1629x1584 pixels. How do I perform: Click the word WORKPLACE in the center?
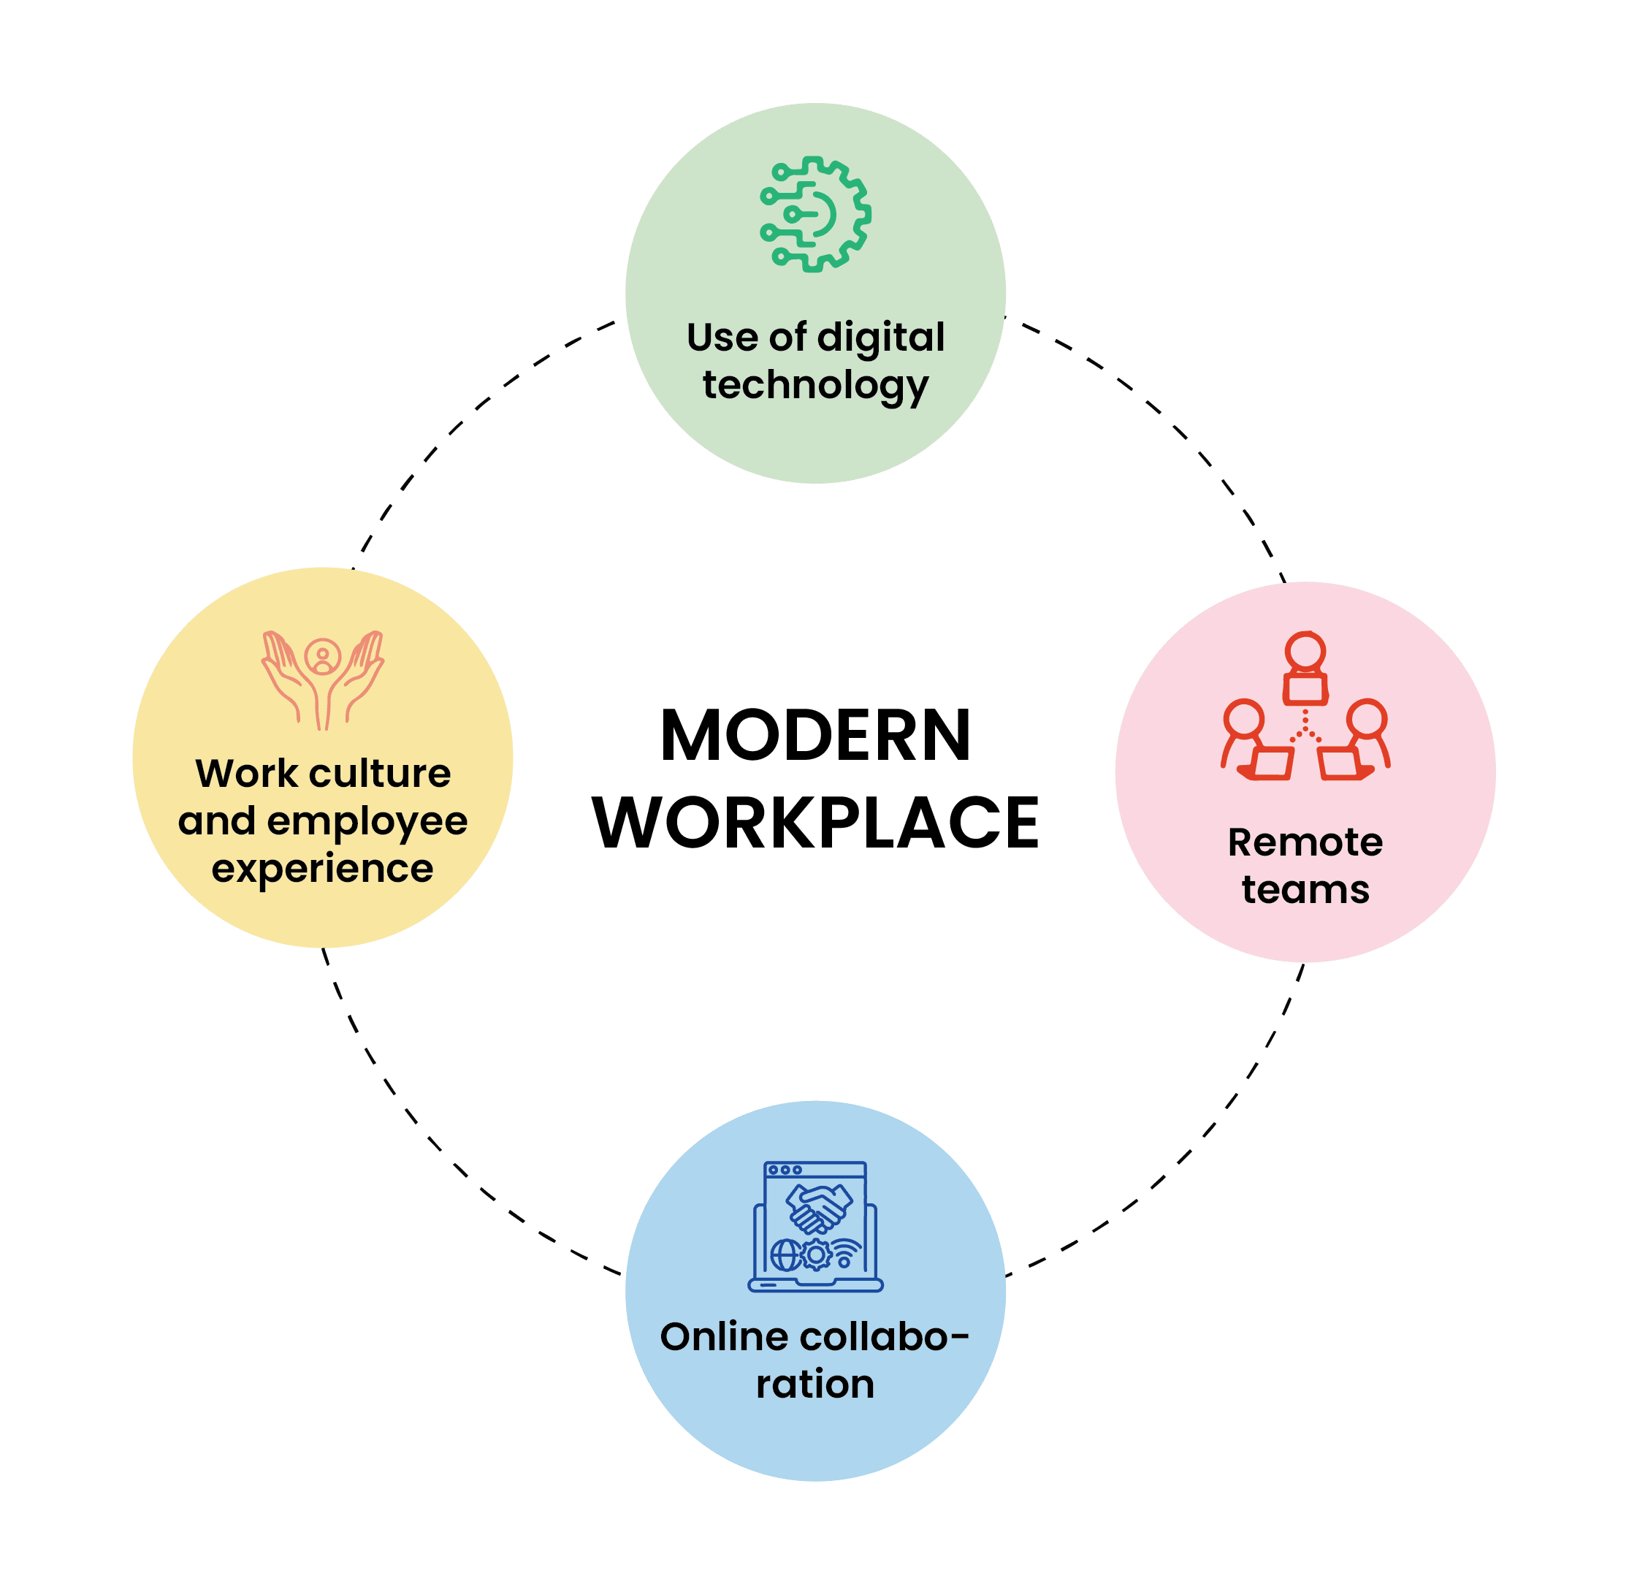tap(815, 822)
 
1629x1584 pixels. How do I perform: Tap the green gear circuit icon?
tap(815, 214)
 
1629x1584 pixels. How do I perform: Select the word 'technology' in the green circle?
tap(815, 386)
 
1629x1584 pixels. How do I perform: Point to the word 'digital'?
tap(880, 338)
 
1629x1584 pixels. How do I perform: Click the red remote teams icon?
tap(1305, 707)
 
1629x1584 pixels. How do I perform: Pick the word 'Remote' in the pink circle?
tap(1305, 842)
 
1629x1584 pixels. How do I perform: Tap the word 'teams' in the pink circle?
tap(1305, 889)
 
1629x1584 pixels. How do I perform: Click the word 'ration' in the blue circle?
tap(815, 1385)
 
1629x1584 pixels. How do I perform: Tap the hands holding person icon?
tap(323, 679)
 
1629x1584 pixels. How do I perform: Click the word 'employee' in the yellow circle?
tap(367, 821)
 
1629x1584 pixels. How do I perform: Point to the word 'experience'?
tap(323, 869)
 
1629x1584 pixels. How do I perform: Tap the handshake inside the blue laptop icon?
tap(820, 1208)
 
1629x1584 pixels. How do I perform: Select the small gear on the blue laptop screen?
tap(816, 1254)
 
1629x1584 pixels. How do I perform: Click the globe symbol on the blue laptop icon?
tap(785, 1254)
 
